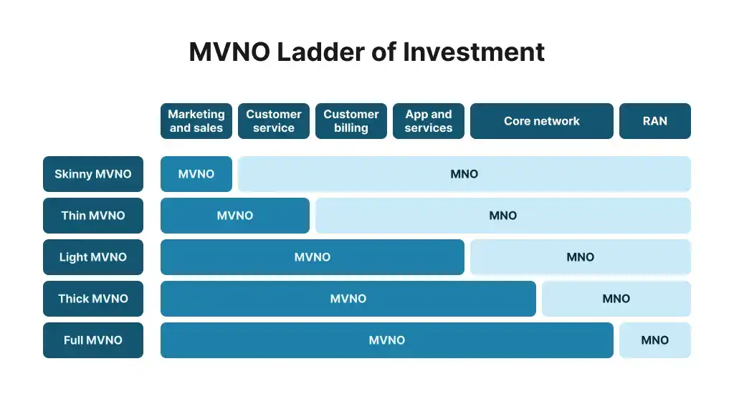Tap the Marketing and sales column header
(196, 121)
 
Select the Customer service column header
(274, 121)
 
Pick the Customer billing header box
(351, 121)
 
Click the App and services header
(429, 121)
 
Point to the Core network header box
(542, 121)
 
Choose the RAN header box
(655, 121)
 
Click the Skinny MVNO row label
(93, 174)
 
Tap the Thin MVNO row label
(93, 216)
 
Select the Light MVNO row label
(93, 257)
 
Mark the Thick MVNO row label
(93, 299)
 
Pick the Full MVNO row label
(93, 340)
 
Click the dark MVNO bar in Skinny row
(196, 174)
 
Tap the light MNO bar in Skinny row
(464, 174)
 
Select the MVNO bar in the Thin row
(235, 216)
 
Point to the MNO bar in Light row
(581, 257)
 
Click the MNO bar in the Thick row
(616, 299)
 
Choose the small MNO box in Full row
(655, 340)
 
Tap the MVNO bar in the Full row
(387, 340)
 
